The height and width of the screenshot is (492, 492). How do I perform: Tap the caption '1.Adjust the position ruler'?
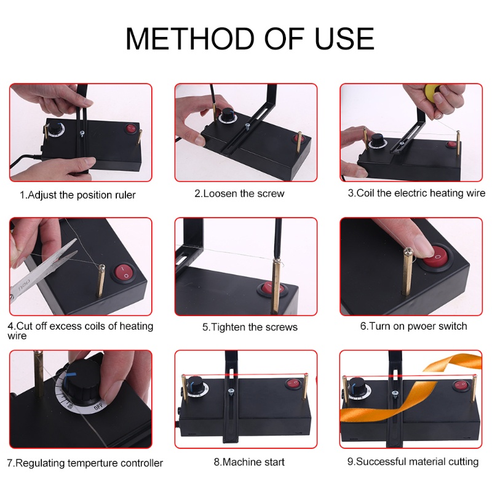click(x=77, y=195)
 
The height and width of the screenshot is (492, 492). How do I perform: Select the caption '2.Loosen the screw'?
click(x=239, y=193)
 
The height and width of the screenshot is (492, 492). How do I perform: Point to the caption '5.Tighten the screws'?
click(x=250, y=327)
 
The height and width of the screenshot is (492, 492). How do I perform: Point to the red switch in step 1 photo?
click(x=131, y=129)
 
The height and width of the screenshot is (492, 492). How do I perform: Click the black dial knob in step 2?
click(x=226, y=116)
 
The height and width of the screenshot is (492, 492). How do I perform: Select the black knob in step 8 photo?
click(x=200, y=389)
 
